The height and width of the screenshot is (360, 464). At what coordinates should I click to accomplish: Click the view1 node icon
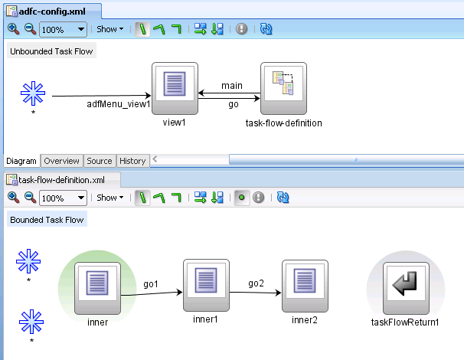tap(175, 89)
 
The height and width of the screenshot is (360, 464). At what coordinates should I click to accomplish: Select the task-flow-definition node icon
tap(283, 89)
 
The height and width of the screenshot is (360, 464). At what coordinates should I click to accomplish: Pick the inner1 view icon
tap(207, 283)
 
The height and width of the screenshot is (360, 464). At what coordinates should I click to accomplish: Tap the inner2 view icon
tap(305, 283)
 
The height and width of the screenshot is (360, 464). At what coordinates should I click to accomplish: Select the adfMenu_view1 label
tap(118, 104)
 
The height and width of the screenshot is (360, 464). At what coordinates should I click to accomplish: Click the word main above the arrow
tap(231, 85)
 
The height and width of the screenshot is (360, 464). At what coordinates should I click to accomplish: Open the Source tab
tap(99, 161)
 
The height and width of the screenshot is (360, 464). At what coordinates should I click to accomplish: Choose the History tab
tap(132, 161)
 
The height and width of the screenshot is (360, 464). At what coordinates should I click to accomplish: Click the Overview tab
tap(61, 161)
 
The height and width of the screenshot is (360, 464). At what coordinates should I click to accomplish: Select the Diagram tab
tap(21, 161)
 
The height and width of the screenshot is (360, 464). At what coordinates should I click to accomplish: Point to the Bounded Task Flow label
tap(47, 220)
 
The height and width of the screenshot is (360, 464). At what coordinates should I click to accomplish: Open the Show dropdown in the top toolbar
tap(110, 29)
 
